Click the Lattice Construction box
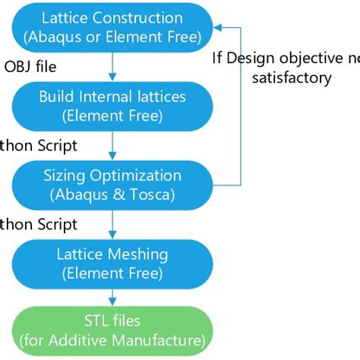[112, 27]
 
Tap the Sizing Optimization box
[112, 184]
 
